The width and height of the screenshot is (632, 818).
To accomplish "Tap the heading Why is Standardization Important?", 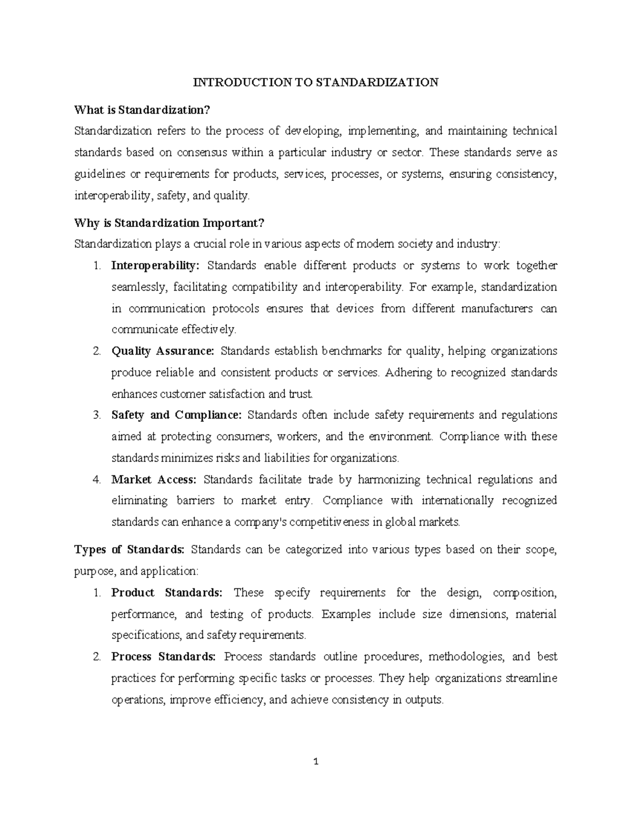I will point(169,223).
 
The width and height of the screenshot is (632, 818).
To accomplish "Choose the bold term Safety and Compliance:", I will point(176,415).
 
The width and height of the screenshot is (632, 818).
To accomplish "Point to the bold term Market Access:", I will point(154,479).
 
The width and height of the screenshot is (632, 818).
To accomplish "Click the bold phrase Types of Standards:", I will point(130,549).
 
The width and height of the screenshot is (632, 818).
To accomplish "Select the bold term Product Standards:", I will point(167,593).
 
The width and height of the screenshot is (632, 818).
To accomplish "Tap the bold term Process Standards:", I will point(163,657).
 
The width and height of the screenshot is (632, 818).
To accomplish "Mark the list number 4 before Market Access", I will point(96,479).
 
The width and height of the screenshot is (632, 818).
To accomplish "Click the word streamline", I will point(531,678).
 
